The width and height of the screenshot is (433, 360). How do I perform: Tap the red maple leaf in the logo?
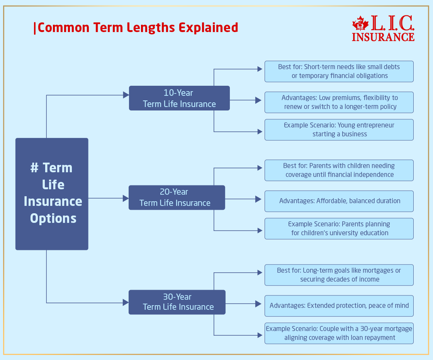[x=360, y=24]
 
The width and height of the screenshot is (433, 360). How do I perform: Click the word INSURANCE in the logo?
[x=383, y=37]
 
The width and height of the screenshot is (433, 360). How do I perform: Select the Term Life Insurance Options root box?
[x=52, y=194]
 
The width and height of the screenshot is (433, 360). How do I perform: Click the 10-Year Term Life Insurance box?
[x=179, y=98]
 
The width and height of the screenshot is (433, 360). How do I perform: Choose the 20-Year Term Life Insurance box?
[x=177, y=197]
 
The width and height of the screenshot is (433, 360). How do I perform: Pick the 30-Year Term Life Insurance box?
[x=177, y=302]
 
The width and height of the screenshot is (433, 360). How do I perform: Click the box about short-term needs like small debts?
[x=339, y=71]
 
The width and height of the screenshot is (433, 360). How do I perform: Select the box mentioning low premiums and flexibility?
[x=339, y=102]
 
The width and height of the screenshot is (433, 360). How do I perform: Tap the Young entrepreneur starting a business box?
[x=339, y=130]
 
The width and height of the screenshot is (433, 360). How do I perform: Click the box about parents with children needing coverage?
[x=339, y=170]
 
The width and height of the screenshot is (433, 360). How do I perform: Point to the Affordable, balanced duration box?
[x=339, y=201]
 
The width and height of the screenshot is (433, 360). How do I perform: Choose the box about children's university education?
[x=339, y=229]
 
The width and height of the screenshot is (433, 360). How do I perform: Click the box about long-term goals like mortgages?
[x=339, y=275]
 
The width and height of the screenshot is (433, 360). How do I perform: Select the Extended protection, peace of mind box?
[x=339, y=306]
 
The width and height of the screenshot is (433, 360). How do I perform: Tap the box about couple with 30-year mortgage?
[x=339, y=333]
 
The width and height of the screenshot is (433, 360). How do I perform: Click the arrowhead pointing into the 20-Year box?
[x=126, y=198]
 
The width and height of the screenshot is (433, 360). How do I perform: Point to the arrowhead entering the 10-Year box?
[x=126, y=95]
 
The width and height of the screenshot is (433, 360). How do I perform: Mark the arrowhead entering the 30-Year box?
[x=126, y=302]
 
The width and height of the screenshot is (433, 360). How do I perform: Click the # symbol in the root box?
[x=34, y=168]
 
